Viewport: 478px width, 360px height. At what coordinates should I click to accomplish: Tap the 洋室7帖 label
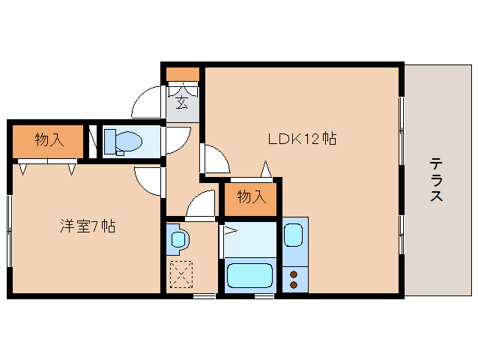tap(88, 226)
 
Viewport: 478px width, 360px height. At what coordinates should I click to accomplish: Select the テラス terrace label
tap(436, 180)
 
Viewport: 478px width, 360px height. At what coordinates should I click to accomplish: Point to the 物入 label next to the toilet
tap(48, 139)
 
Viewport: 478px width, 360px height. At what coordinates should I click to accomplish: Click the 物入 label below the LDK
tap(251, 197)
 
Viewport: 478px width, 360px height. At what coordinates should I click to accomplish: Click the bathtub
tap(252, 275)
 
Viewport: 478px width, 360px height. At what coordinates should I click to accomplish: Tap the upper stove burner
tap(294, 273)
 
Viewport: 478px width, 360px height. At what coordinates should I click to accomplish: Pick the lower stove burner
tap(294, 285)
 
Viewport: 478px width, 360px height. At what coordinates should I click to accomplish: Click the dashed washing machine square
tap(182, 274)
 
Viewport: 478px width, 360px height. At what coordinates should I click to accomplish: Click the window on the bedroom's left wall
tap(9, 229)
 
